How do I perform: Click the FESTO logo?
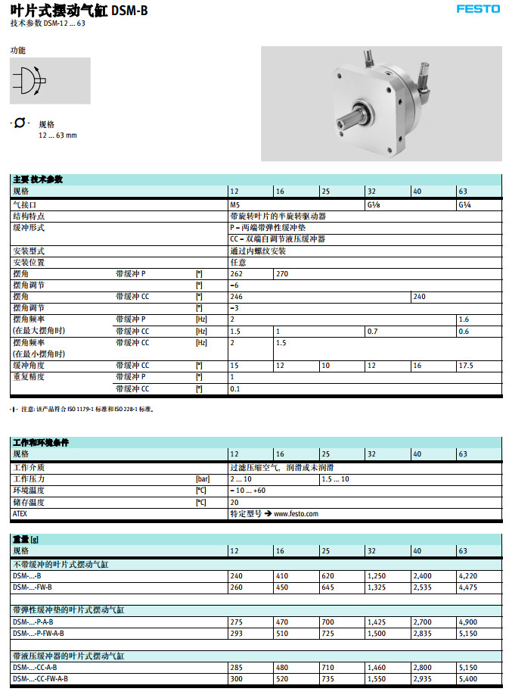[478, 9]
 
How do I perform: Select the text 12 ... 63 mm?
[57, 136]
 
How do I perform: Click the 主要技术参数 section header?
[38, 180]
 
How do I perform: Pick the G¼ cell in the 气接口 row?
[465, 205]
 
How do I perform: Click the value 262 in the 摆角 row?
[237, 273]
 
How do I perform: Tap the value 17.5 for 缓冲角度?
[467, 365]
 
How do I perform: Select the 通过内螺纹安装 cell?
[258, 251]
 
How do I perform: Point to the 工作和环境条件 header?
[40, 442]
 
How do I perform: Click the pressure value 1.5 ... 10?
[335, 479]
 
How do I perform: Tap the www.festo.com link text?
[296, 513]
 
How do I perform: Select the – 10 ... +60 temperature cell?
[247, 491]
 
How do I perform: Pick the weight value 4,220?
[468, 576]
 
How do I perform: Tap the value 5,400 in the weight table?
[468, 679]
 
